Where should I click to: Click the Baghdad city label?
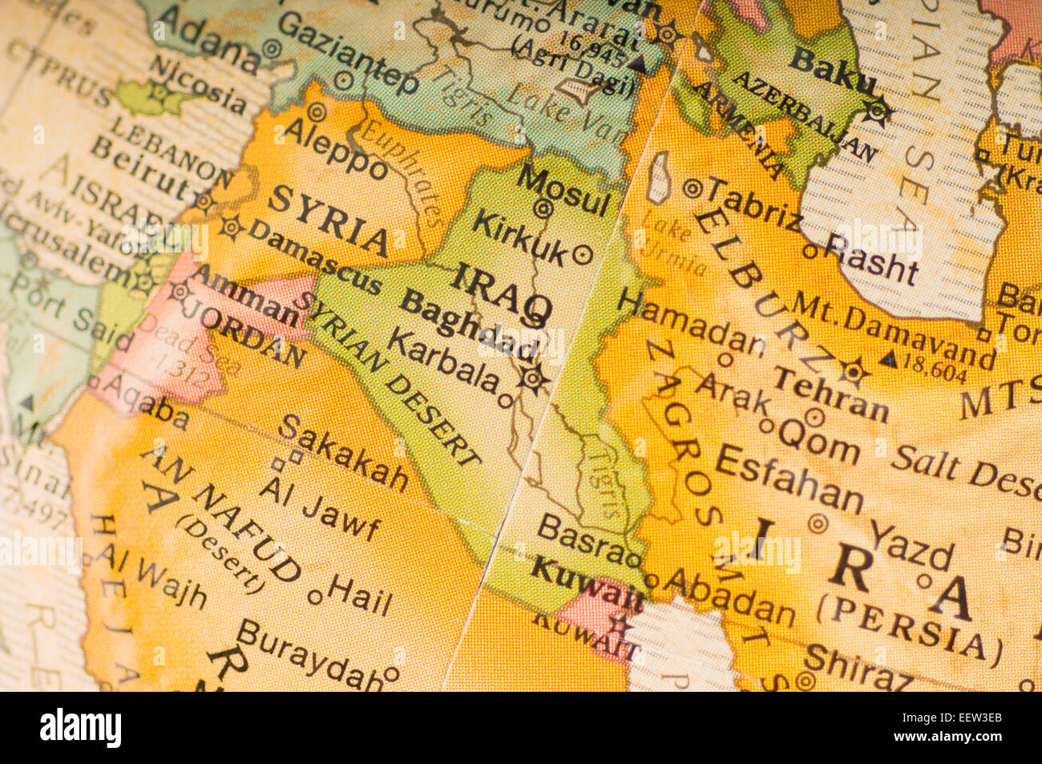point(469,325)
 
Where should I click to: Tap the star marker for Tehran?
point(854,371)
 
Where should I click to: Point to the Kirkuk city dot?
point(584,255)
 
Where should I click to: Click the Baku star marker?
point(878,111)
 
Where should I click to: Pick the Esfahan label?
point(789,478)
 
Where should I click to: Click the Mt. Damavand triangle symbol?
point(887,358)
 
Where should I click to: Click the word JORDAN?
point(252,336)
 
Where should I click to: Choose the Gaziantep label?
point(348,53)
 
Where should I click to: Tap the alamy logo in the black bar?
point(81,727)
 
